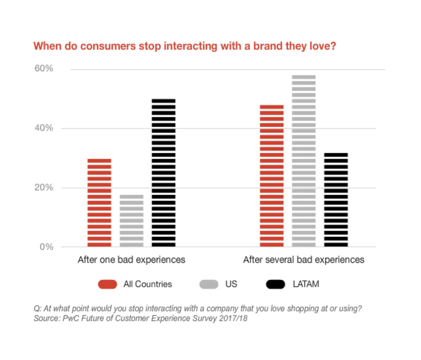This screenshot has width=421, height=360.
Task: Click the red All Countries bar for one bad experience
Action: point(99,203)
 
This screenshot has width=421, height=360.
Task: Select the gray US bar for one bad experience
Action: point(131,221)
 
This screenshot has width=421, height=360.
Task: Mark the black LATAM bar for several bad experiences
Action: point(336,199)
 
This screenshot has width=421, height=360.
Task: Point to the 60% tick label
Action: point(44,68)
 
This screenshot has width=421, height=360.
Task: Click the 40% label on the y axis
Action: point(44,128)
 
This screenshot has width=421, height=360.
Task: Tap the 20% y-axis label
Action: point(44,187)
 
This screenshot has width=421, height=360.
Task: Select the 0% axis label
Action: point(46,247)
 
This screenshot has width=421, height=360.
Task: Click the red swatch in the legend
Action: point(108,284)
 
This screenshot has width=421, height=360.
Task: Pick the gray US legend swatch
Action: point(209,284)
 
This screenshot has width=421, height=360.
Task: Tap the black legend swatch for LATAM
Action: point(276,284)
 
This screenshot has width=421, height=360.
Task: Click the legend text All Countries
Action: point(147,284)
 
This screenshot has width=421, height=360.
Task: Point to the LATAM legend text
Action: point(306,284)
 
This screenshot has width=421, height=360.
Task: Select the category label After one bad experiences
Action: point(131,260)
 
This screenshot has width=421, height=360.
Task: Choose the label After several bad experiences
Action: point(304,260)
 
